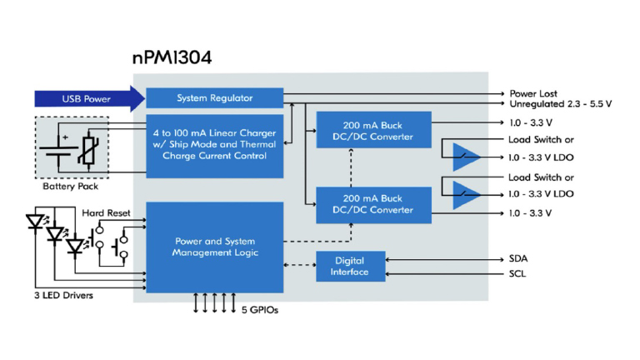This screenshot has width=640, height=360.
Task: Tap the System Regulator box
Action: (214, 98)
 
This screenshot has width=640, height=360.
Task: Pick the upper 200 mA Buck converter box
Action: (373, 132)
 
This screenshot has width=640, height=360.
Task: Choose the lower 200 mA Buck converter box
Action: (373, 204)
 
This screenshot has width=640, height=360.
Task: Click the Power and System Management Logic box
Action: (214, 247)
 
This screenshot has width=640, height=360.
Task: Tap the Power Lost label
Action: (533, 93)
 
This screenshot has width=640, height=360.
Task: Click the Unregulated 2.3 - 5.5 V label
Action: (560, 104)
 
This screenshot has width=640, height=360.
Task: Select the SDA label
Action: (517, 258)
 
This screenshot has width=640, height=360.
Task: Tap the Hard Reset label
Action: (106, 213)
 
